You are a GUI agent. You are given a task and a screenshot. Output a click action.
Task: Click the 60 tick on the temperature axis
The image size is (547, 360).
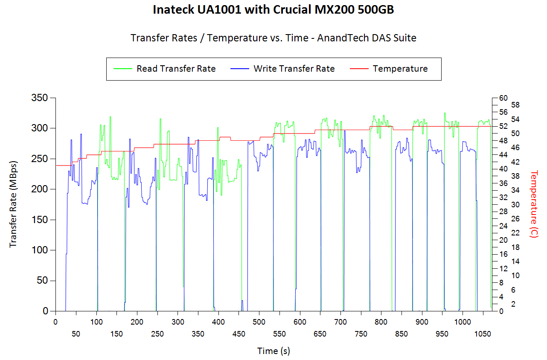pos(503,98)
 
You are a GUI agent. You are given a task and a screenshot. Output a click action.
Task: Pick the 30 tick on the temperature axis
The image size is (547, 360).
pos(503,205)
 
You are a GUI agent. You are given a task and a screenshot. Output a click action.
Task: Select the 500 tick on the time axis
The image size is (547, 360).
pos(259,322)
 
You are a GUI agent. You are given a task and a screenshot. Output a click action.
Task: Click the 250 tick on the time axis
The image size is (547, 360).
pos(157,334)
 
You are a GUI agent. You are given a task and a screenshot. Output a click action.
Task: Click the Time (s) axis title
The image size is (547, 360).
pos(273,351)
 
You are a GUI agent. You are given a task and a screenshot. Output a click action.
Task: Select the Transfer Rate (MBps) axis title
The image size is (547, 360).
pos(13,204)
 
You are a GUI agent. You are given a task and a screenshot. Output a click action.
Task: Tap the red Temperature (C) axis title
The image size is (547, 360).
pos(534,204)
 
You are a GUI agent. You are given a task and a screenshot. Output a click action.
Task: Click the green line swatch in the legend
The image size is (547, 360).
pos(122,69)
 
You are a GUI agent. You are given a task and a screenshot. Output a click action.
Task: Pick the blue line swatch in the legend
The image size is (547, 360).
pos(239,69)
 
